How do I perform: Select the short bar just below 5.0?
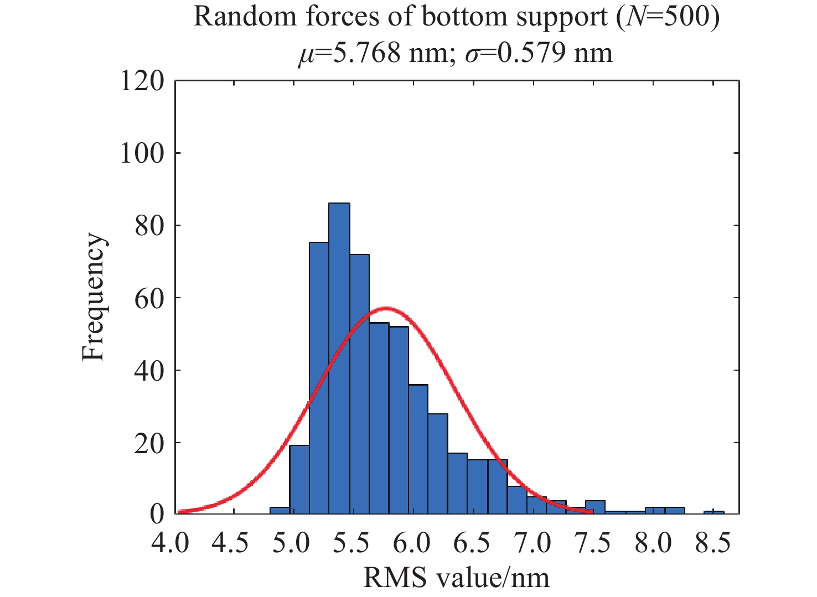click(280, 510)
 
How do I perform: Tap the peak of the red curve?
click(386, 308)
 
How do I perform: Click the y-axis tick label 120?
click(142, 81)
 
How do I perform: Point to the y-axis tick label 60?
click(149, 298)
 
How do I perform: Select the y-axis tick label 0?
click(157, 514)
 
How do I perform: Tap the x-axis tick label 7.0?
click(533, 543)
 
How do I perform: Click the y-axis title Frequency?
click(93, 297)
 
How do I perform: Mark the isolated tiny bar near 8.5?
click(714, 512)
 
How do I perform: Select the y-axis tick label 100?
click(142, 153)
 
